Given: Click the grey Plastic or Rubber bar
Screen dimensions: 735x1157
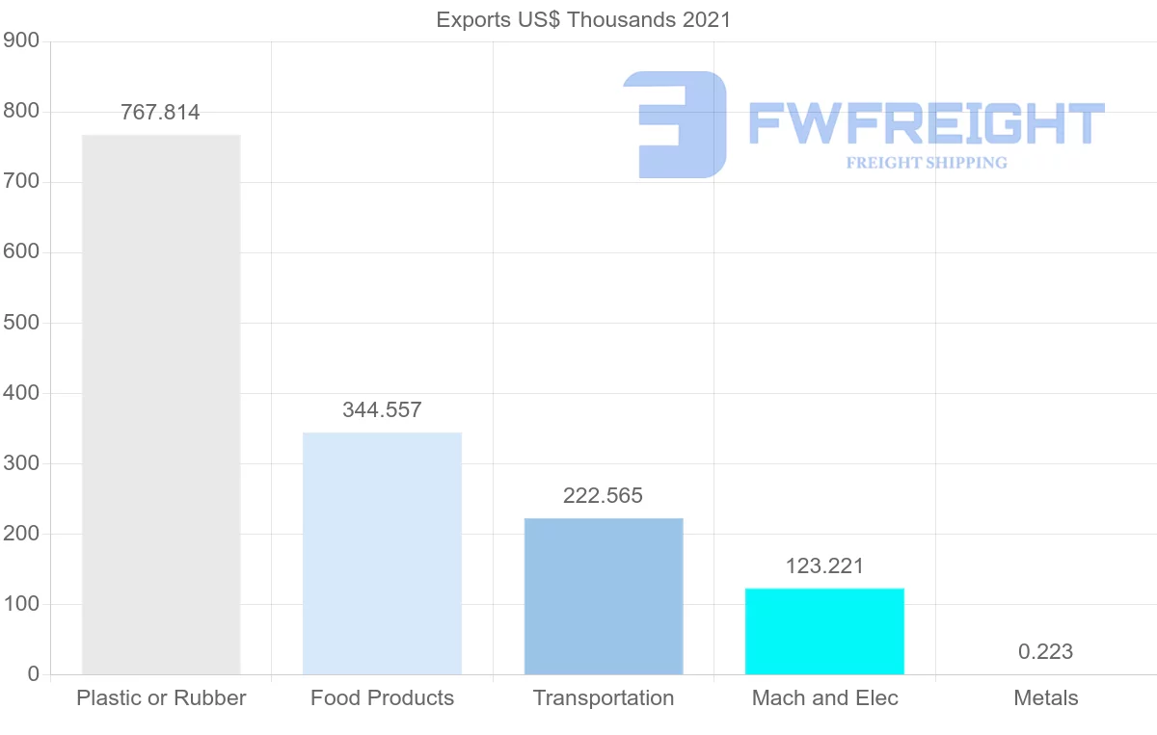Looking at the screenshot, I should [161, 405].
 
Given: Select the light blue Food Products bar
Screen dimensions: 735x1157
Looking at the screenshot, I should [382, 554].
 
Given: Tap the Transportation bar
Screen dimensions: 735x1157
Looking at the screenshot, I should [604, 596].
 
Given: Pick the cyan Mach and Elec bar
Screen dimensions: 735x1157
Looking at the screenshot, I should [824, 631].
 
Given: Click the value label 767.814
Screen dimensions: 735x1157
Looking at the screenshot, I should [161, 113].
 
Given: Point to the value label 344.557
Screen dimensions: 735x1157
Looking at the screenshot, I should [382, 410].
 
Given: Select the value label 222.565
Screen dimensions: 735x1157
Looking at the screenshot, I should [603, 496].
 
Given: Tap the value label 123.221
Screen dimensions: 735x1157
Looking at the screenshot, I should [824, 566].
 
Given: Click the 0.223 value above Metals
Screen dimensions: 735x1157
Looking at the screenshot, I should [1045, 652].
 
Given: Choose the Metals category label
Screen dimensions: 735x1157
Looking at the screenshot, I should [1045, 698].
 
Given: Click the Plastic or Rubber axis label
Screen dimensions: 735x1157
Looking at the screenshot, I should [161, 698].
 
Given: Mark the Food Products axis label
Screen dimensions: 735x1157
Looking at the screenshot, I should [382, 698].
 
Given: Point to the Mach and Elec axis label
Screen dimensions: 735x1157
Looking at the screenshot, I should [824, 698].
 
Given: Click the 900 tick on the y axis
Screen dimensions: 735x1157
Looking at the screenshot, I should [21, 41].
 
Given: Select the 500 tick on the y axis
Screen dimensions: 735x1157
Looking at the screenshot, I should [21, 323].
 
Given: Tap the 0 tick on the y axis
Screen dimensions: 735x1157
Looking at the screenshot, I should [34, 674].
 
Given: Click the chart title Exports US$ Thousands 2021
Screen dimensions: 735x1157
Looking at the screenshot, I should [583, 20].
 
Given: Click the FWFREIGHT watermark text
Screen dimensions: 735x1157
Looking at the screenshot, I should [926, 124].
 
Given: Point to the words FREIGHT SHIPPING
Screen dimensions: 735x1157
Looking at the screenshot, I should [927, 163].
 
